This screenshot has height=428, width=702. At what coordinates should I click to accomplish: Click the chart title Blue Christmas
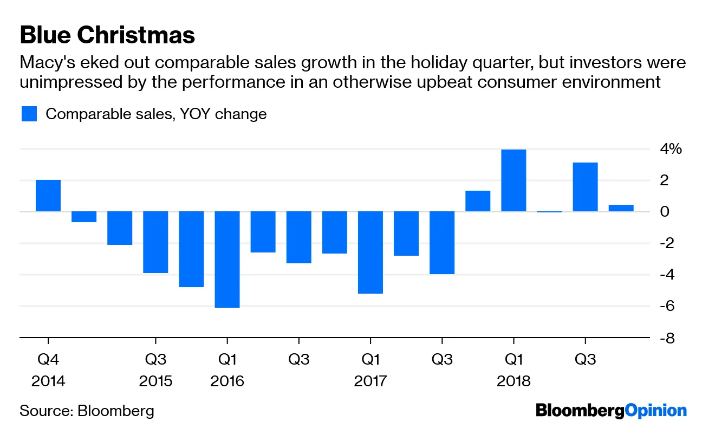(107, 36)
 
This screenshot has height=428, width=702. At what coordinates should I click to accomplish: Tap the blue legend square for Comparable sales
(29, 114)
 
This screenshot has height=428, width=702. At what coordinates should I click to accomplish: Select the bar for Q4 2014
(48, 196)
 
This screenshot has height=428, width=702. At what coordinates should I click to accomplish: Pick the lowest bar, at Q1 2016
(227, 260)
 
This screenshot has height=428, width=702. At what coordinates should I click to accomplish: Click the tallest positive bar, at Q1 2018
(513, 180)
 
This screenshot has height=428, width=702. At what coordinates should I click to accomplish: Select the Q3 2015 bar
(155, 242)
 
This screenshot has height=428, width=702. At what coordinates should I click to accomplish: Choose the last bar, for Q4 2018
(621, 208)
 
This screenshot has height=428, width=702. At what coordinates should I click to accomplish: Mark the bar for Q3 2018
(585, 187)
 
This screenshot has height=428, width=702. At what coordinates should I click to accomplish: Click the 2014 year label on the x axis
(48, 381)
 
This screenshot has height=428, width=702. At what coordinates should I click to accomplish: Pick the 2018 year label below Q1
(513, 381)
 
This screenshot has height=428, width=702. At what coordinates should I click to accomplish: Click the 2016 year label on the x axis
(227, 381)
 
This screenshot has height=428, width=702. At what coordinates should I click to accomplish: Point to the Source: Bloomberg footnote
(87, 411)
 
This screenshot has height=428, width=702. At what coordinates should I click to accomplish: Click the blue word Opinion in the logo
(655, 411)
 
